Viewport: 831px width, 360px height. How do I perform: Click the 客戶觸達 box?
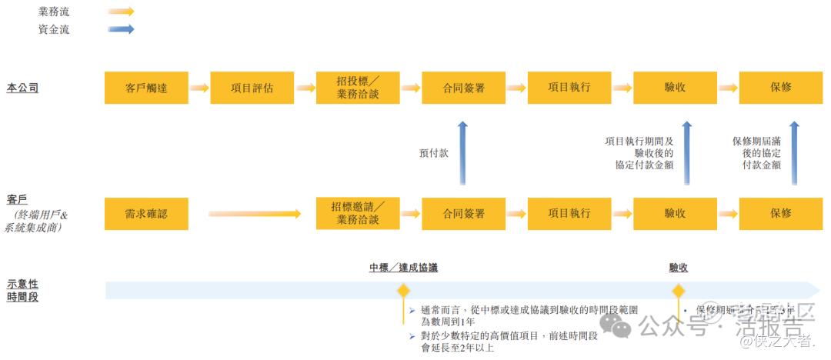146,88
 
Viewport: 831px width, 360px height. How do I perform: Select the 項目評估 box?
252,88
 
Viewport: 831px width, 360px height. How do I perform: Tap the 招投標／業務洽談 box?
358,88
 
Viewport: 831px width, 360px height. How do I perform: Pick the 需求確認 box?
146,213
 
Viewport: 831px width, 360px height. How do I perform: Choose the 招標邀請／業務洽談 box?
358,213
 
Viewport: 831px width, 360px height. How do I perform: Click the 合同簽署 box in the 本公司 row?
463,88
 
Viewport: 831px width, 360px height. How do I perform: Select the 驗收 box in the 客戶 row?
675,213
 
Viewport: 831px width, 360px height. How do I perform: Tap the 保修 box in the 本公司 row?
780,88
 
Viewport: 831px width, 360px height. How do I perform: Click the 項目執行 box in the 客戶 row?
569,213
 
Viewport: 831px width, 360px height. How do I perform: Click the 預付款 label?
433,153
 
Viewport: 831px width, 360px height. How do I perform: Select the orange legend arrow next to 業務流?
121,12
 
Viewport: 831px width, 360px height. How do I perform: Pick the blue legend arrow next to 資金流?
121,29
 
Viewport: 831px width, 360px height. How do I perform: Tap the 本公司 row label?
22,88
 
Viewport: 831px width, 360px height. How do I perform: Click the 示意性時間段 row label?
22,290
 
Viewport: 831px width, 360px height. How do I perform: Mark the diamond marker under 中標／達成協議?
402,291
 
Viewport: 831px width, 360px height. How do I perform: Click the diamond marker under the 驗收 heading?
678,291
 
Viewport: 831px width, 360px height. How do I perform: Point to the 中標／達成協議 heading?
404,268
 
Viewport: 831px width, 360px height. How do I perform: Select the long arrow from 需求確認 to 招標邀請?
254,214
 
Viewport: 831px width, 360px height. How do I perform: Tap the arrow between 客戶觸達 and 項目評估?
199,88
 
